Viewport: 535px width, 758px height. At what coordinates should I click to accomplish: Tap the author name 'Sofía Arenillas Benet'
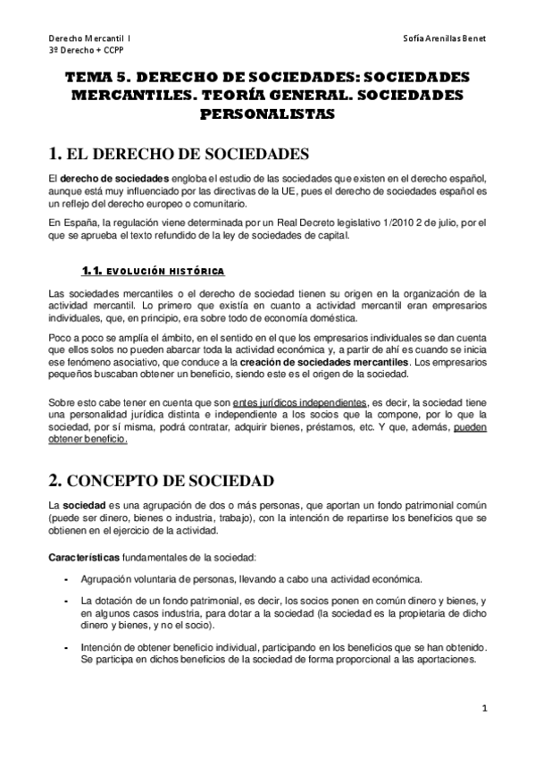click(443, 38)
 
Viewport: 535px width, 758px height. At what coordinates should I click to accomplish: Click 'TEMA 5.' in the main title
click(98, 79)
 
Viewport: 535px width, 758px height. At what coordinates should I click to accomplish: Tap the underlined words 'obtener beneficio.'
click(88, 440)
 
